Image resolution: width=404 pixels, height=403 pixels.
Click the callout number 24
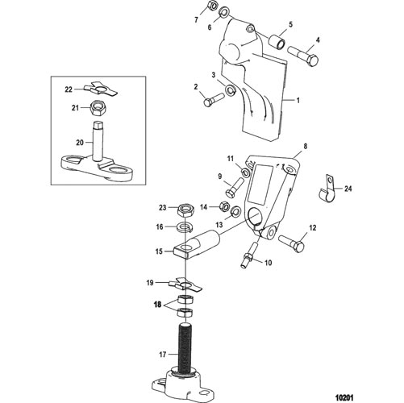pyautogui.click(x=348, y=189)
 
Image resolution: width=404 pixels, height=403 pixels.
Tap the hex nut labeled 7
pyautogui.click(x=212, y=7)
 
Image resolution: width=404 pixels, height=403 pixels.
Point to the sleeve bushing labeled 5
pyautogui.click(x=278, y=42)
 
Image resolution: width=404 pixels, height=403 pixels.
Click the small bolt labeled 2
pyautogui.click(x=214, y=99)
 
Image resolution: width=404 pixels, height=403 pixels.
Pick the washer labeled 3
pyautogui.click(x=231, y=90)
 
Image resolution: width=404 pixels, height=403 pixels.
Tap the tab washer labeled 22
pyautogui.click(x=101, y=89)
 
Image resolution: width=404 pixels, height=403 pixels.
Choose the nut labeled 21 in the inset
pyautogui.click(x=98, y=108)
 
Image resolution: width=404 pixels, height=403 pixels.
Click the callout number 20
pyautogui.click(x=80, y=143)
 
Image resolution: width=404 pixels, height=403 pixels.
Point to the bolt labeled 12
pyautogui.click(x=292, y=242)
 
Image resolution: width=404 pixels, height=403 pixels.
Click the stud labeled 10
pyautogui.click(x=248, y=255)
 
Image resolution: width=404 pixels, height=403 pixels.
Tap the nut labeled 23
pyautogui.click(x=185, y=209)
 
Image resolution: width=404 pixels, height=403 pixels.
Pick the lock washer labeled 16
pyautogui.click(x=185, y=227)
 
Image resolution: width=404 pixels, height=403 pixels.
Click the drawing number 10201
pyautogui.click(x=344, y=397)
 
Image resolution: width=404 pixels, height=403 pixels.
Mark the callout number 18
pyautogui.click(x=158, y=305)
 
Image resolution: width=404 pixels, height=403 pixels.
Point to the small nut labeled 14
pyautogui.click(x=224, y=206)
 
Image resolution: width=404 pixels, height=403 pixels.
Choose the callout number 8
pyautogui.click(x=305, y=147)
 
